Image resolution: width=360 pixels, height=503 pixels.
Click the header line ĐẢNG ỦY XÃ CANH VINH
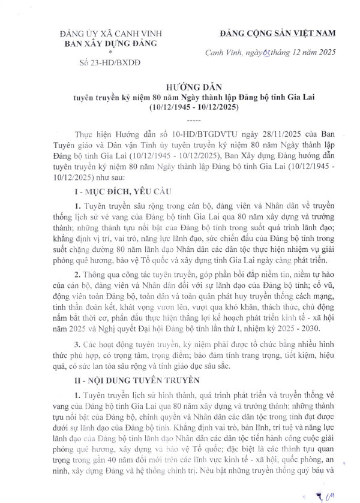106,34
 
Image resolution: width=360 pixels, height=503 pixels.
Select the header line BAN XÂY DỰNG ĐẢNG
106,43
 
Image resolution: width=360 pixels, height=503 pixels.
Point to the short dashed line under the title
179,119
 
